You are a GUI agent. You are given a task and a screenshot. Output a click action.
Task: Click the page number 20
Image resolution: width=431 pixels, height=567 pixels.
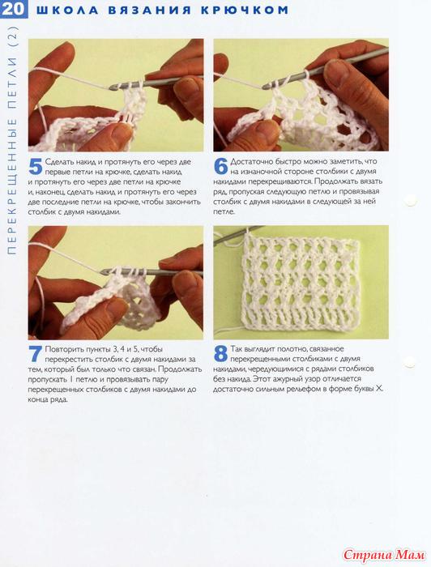coord(13,9)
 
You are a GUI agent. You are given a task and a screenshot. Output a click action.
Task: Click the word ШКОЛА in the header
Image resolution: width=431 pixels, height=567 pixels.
coord(67,10)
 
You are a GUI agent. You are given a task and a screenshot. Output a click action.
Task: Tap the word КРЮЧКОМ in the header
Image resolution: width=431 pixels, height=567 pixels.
coord(245,10)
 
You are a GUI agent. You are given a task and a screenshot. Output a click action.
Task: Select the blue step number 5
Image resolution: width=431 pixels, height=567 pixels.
coord(36,167)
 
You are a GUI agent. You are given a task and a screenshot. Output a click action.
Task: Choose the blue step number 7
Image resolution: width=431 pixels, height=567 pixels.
coord(36,354)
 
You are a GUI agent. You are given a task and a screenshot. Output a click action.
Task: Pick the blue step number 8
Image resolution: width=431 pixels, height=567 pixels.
coord(220,354)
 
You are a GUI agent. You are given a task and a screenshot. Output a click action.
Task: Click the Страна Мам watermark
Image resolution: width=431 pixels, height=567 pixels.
coord(384,554)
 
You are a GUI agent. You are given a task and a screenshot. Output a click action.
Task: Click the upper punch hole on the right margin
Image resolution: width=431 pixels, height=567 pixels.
coord(411,199)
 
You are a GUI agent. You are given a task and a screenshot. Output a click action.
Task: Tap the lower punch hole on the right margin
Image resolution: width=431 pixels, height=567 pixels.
coord(409,361)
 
